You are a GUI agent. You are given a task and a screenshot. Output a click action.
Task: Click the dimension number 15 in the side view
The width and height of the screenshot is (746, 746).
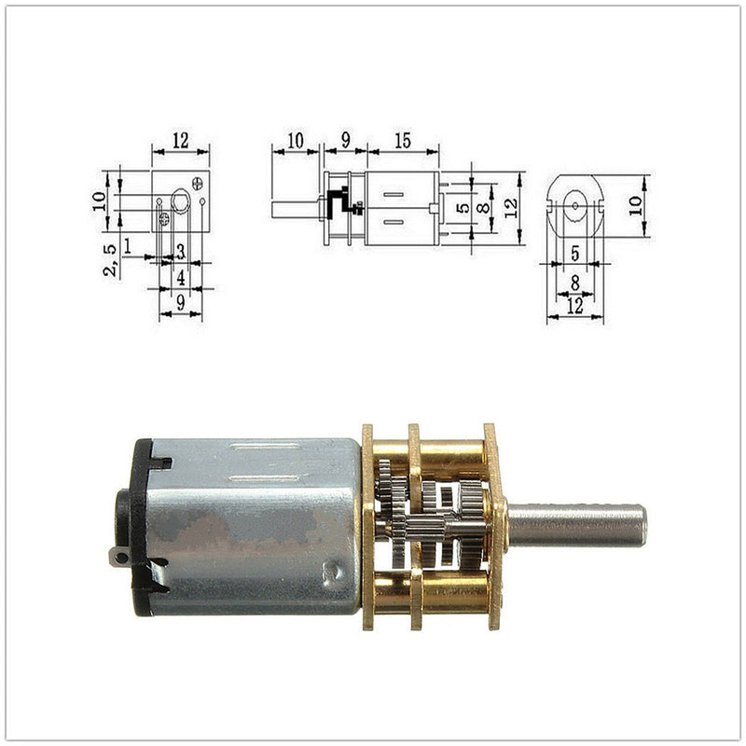(403, 141)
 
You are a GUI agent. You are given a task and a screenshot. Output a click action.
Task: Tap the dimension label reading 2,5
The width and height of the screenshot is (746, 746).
(110, 260)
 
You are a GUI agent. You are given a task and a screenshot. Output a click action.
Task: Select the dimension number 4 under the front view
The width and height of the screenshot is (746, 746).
(181, 277)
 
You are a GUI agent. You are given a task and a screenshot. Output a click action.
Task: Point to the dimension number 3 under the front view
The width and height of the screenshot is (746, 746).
(181, 251)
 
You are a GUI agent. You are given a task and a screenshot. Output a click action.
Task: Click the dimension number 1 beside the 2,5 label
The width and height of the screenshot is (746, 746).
(127, 246)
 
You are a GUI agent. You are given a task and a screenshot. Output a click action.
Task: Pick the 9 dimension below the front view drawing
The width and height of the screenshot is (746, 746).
(181, 302)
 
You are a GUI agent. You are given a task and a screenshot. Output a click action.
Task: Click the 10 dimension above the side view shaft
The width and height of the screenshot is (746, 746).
(295, 141)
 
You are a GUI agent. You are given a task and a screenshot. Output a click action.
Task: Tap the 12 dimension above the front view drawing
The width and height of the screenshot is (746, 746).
(180, 141)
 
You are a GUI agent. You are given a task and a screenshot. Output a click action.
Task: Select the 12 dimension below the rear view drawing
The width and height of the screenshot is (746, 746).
(574, 306)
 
